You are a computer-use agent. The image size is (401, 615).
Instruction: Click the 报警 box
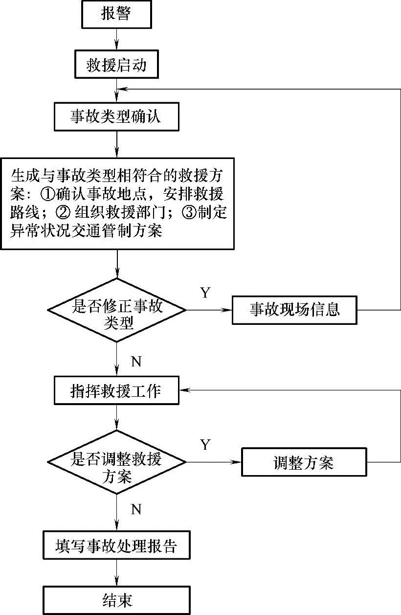[x=117, y=14]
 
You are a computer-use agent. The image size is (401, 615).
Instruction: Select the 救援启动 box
[x=117, y=64]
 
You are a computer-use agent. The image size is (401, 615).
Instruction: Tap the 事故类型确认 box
[x=117, y=116]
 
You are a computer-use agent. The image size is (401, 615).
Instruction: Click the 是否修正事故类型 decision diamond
[x=117, y=310]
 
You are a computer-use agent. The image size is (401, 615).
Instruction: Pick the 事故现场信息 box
[x=294, y=310]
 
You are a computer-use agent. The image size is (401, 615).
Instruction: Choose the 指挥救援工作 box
[x=117, y=390]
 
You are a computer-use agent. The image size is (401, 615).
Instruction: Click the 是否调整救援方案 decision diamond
[x=117, y=462]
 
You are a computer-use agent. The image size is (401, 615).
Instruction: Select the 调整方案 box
[x=304, y=462]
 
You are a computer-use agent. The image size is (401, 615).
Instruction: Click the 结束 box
[x=117, y=600]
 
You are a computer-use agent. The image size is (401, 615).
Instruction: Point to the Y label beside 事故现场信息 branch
[x=205, y=293]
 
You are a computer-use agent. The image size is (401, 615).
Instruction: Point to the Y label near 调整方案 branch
[x=205, y=445]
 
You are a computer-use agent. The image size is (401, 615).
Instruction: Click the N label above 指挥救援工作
[x=136, y=362]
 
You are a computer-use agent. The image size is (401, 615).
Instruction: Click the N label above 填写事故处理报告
[x=136, y=509]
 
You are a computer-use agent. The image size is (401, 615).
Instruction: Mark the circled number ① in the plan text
[x=48, y=194]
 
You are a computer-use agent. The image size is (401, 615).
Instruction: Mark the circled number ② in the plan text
[x=63, y=212]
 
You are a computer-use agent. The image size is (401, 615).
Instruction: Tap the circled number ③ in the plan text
[x=189, y=212]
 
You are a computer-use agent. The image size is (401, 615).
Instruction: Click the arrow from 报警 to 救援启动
[x=117, y=39]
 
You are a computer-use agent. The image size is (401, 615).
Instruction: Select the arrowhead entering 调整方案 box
[x=237, y=462]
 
